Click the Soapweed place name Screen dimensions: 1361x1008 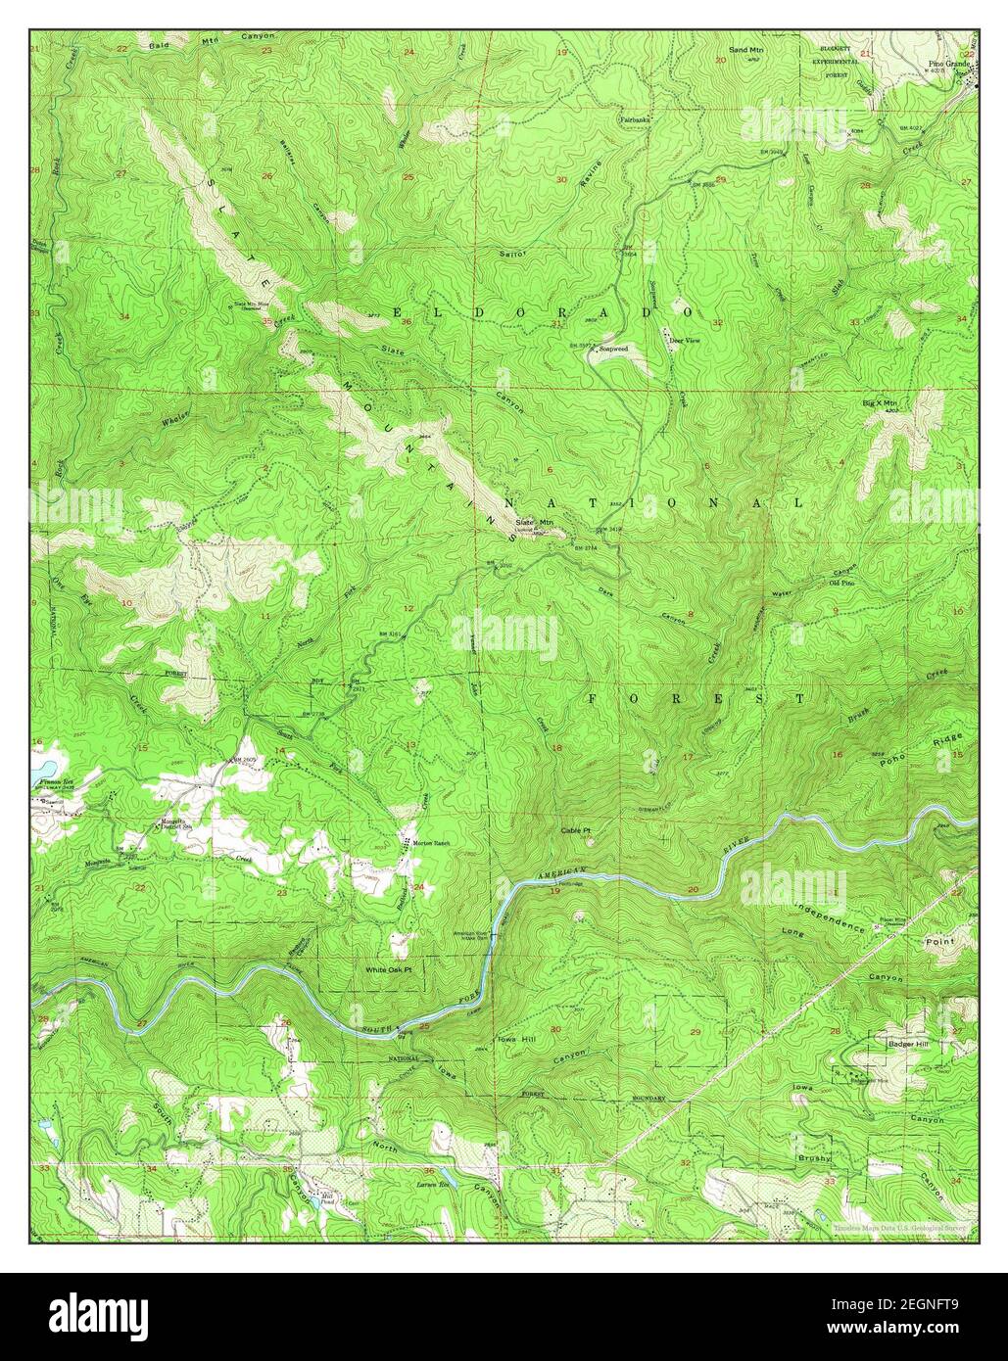pos(613,347)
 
